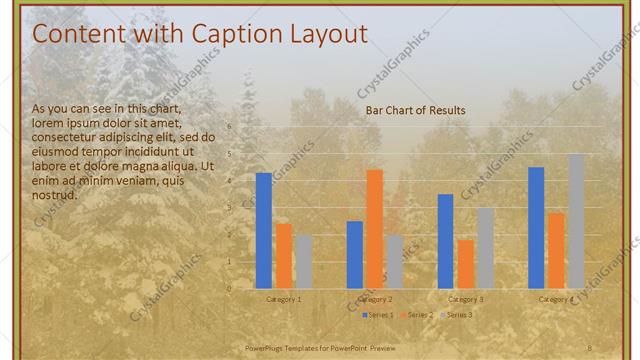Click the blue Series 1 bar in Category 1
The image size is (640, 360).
click(x=264, y=231)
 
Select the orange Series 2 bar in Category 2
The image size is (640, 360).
click(x=374, y=229)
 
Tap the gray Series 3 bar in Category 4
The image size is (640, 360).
click(x=576, y=221)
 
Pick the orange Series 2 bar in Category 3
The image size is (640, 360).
click(x=465, y=264)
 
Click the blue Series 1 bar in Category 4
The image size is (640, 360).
click(x=536, y=227)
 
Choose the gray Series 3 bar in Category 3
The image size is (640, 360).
click(x=485, y=248)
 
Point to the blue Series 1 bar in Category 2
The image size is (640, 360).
click(x=354, y=255)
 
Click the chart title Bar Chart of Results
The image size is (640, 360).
click(x=415, y=110)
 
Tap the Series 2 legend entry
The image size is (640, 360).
click(x=419, y=315)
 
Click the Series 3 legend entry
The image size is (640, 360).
click(x=459, y=315)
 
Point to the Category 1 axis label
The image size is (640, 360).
click(x=283, y=299)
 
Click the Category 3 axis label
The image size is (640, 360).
click(x=465, y=299)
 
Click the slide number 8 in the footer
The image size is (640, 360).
click(x=589, y=347)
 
